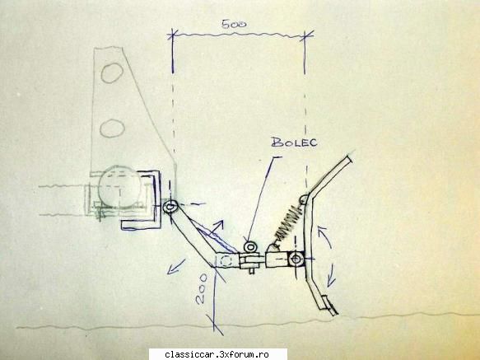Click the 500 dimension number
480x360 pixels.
coord(234,24)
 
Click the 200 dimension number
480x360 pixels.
coord(202,289)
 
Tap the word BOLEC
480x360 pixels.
coord(294,143)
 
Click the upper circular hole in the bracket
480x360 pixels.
coord(112,73)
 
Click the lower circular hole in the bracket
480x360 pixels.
coord(112,128)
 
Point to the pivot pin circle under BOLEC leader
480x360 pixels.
coord(250,246)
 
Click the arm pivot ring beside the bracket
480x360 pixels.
coord(170,207)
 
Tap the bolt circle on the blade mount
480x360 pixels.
coord(296,259)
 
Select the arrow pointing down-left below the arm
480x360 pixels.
coord(176,266)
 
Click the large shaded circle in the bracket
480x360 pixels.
coord(120,188)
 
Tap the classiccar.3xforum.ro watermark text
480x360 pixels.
coord(217,355)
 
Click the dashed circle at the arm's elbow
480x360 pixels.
coord(226,260)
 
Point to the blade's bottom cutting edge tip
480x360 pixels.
coord(337,314)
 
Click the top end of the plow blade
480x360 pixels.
coord(349,159)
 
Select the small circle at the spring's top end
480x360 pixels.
coord(304,199)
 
